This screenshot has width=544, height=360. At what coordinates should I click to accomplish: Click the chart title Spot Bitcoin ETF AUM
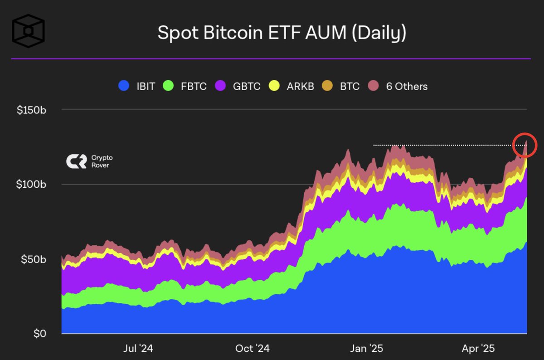282,34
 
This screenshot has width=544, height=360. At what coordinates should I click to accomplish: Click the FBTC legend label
193,86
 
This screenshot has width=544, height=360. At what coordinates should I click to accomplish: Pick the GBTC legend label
247,86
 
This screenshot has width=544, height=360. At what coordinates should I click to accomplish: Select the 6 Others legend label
407,86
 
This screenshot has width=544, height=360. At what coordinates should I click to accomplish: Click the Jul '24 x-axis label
138,348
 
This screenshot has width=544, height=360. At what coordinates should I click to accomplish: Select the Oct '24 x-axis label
253,348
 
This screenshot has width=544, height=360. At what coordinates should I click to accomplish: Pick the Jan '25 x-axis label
367,348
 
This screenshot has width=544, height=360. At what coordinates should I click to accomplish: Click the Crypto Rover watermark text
102,161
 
